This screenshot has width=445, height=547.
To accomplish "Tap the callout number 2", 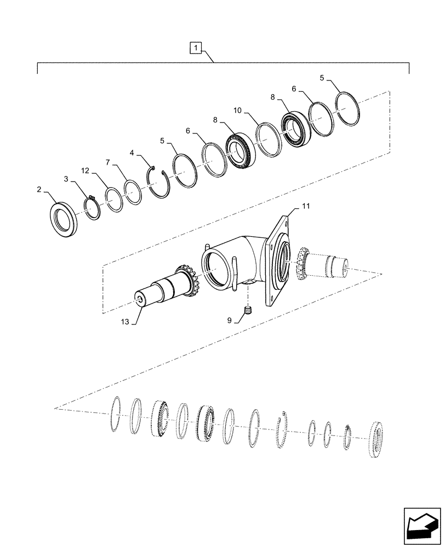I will pos(39,190).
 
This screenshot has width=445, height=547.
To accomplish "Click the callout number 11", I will pos(306,207).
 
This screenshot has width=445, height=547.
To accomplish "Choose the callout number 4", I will pos(132,154).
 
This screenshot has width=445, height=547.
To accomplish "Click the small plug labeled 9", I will pos(247,312).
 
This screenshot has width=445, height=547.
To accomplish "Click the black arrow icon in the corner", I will pos(421,526).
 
